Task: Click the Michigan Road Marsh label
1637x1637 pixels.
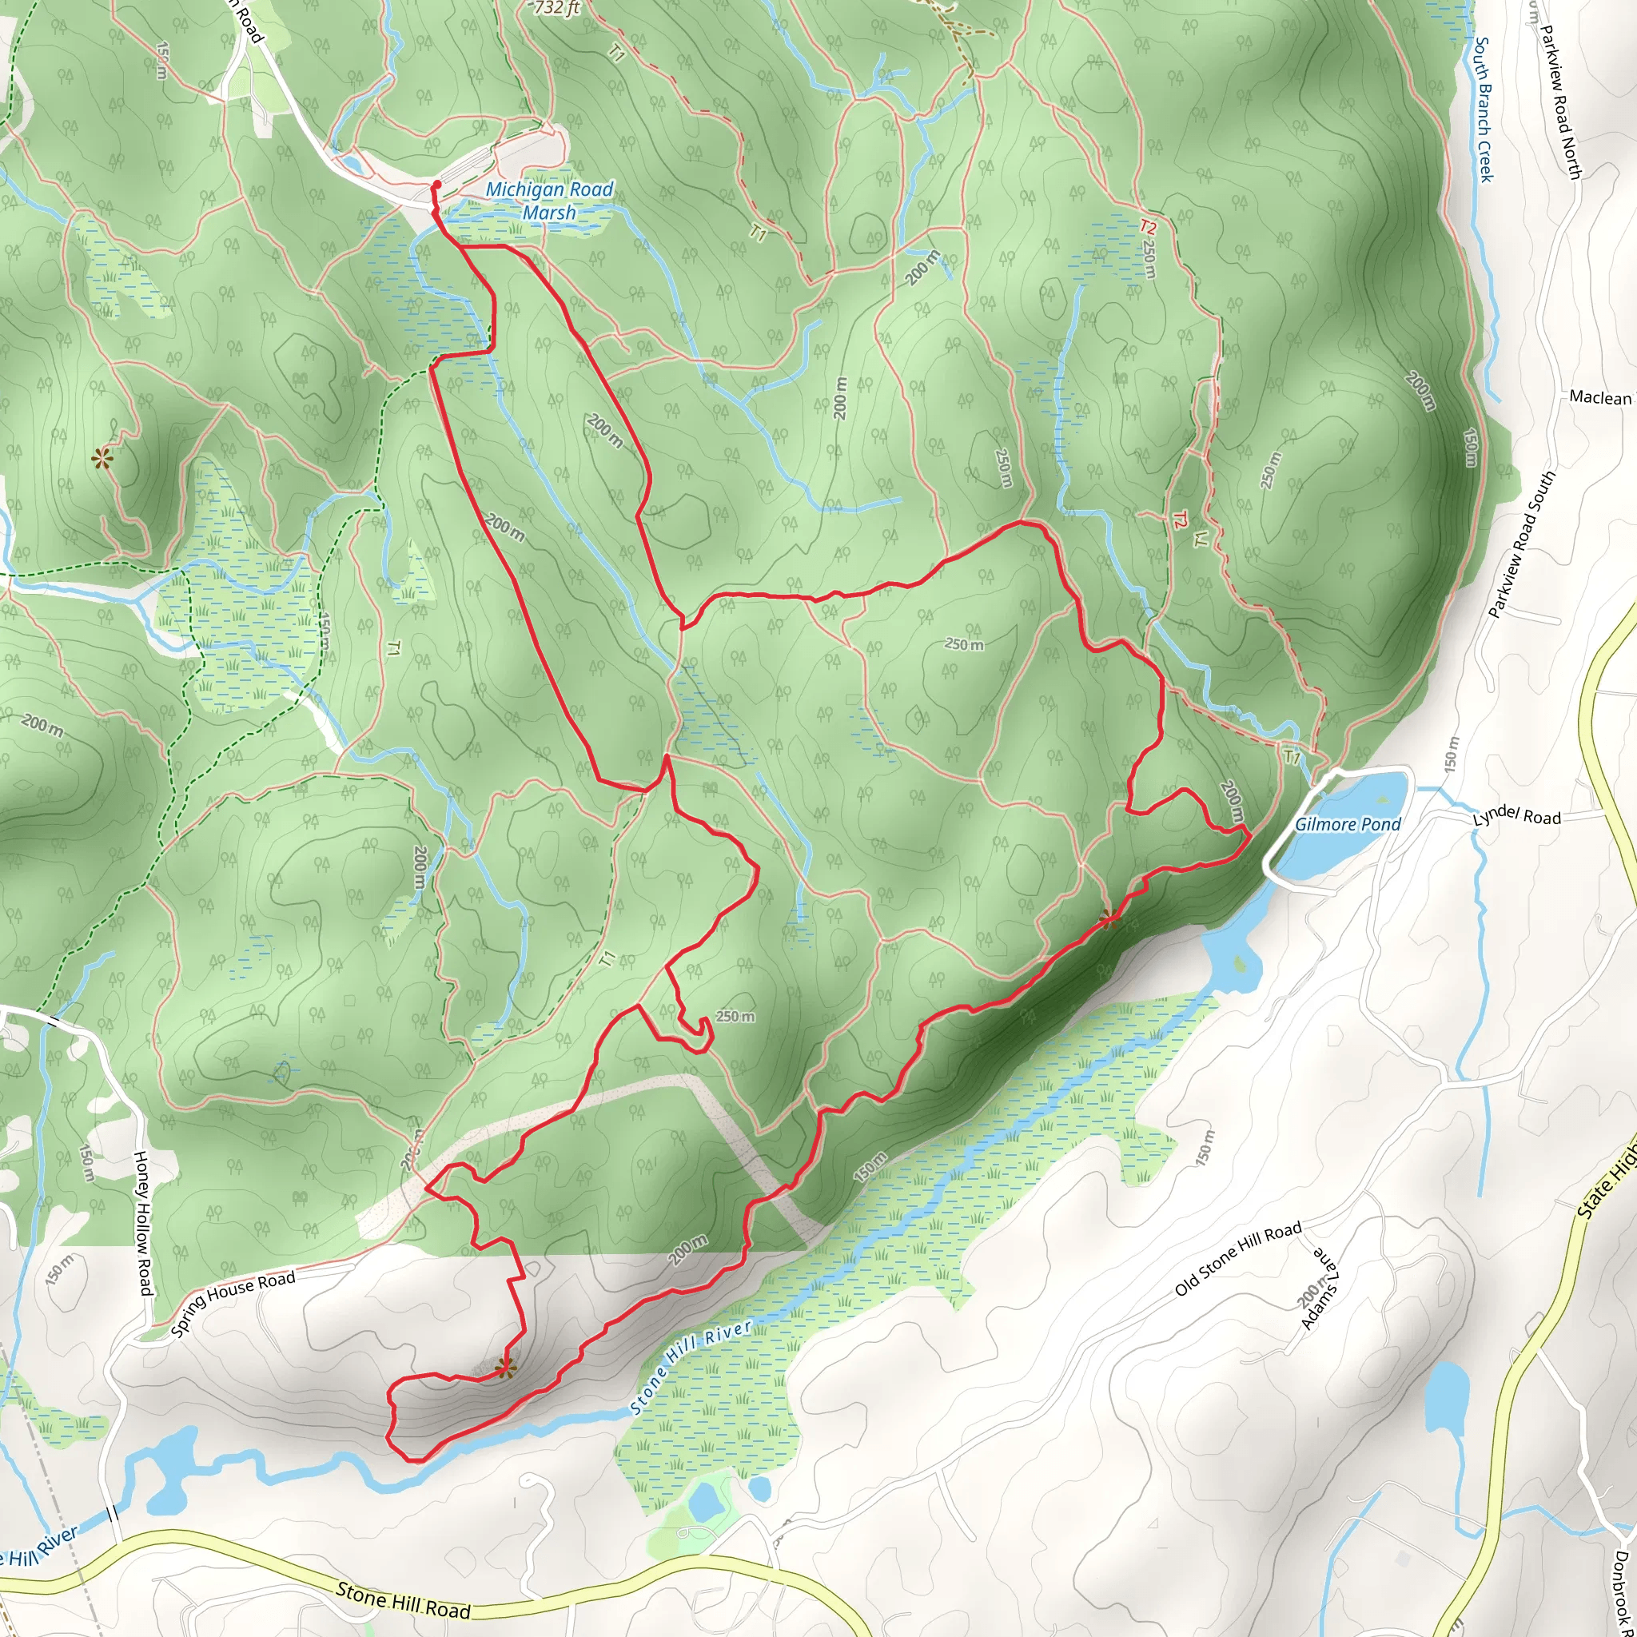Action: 549,201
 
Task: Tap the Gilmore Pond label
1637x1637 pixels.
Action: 1347,824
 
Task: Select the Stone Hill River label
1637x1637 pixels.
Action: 692,1367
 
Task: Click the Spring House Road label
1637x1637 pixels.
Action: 233,1304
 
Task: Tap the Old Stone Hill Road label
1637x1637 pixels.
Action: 1238,1259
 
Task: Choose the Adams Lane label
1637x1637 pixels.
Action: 1319,1288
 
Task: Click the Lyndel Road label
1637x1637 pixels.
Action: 1516,816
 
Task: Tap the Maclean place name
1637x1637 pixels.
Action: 1599,397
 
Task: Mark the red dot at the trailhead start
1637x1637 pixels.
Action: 436,184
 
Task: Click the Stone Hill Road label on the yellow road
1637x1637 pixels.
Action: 403,1599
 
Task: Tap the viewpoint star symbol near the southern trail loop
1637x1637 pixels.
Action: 504,1367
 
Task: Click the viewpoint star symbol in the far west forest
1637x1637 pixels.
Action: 102,460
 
